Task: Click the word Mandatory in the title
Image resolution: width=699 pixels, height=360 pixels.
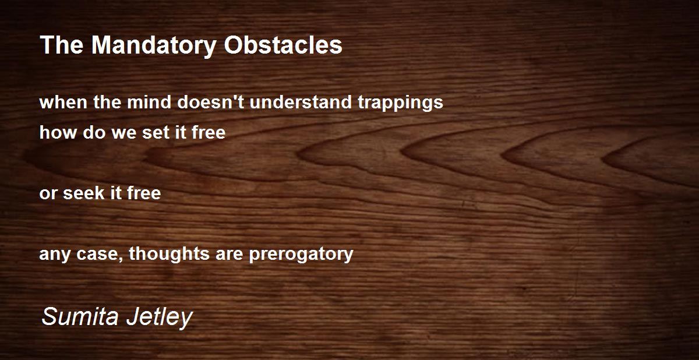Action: coord(154,45)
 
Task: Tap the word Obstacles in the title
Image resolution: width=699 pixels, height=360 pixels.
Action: coord(283,45)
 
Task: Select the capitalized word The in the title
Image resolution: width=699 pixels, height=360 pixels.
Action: coord(62,45)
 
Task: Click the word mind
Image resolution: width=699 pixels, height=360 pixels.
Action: coord(149,102)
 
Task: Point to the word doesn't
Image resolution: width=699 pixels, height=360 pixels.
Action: coord(211,102)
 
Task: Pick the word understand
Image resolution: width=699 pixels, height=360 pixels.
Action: coord(301,102)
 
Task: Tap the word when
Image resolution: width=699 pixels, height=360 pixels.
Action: coord(63,102)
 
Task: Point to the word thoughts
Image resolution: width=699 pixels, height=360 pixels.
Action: coord(169,254)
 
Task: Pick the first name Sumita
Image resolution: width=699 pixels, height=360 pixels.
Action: coord(80,316)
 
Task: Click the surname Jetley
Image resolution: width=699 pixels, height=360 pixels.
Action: coord(160,317)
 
